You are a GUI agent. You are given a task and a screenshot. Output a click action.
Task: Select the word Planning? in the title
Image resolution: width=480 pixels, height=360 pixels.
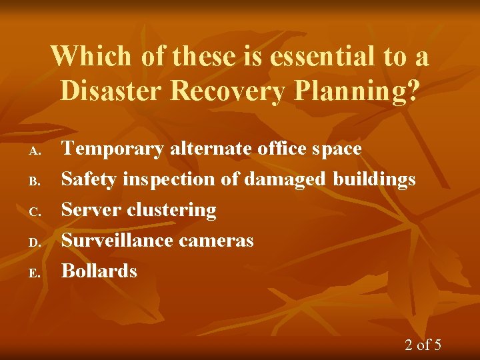[x=355, y=91]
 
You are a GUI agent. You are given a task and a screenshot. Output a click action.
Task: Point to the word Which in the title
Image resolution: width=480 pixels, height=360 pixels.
[x=91, y=57]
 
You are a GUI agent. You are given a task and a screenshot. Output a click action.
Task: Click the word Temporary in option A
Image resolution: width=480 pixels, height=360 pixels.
[x=113, y=149]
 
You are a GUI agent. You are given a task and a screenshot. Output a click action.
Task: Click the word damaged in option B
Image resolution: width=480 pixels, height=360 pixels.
[x=285, y=179]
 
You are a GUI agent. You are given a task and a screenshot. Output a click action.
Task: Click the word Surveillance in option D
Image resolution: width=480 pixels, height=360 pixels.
[x=115, y=240]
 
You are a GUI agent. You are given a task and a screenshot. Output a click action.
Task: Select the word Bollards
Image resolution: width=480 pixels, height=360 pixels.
[x=99, y=271]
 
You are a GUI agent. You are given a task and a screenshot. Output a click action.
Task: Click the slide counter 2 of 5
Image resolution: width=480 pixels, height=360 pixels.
[x=423, y=345]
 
